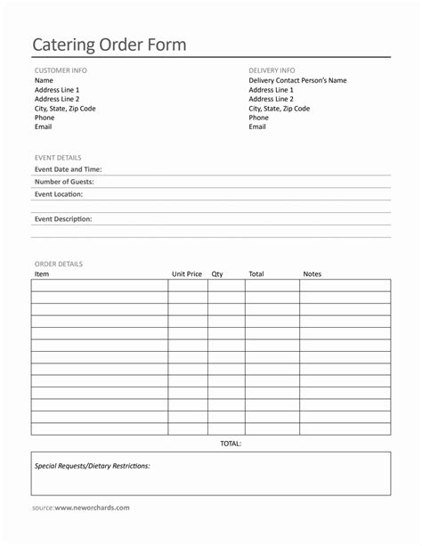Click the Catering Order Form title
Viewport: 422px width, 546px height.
[x=110, y=45]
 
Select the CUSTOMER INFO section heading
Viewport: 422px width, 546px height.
[x=61, y=70]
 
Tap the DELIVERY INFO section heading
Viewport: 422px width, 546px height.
[x=272, y=70]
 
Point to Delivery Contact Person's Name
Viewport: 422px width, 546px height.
[x=297, y=81]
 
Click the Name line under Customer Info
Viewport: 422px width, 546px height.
[x=44, y=81]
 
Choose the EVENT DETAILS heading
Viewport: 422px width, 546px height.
[x=58, y=158]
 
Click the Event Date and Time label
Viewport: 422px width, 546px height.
[x=68, y=169]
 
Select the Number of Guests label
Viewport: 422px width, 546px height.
[x=64, y=182]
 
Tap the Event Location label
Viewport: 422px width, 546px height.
[x=59, y=194]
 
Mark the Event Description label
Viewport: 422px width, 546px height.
[x=63, y=219]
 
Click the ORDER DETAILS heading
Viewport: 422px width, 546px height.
[x=59, y=264]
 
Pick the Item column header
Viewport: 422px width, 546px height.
[x=42, y=274]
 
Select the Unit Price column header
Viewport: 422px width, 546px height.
[x=187, y=274]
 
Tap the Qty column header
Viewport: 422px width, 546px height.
[x=217, y=274]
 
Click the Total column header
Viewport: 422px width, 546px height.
[x=256, y=274]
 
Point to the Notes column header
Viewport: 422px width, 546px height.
[x=312, y=274]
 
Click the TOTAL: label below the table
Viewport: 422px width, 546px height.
[x=231, y=443]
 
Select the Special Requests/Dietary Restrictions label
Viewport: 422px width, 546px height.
[x=93, y=466]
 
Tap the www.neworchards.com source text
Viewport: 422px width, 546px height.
[x=92, y=508]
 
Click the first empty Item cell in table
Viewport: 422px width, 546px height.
[x=100, y=286]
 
